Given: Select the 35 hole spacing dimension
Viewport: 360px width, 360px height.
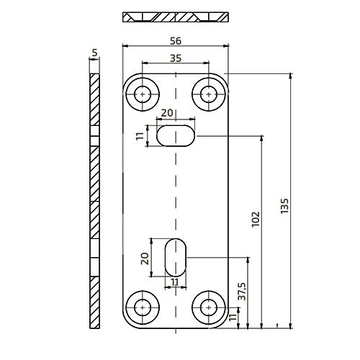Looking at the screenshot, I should (x=176, y=60).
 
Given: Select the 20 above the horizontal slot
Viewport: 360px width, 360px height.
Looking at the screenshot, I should (x=166, y=113).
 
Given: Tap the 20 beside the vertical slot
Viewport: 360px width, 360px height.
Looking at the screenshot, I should (x=145, y=257).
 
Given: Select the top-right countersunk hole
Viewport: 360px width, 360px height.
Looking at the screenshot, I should (x=209, y=93).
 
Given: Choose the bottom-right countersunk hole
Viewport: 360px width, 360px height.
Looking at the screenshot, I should (x=209, y=307).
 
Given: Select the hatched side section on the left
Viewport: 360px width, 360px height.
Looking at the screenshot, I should (x=94, y=202).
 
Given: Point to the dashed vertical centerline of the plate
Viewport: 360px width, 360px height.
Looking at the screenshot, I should (x=176, y=194).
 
